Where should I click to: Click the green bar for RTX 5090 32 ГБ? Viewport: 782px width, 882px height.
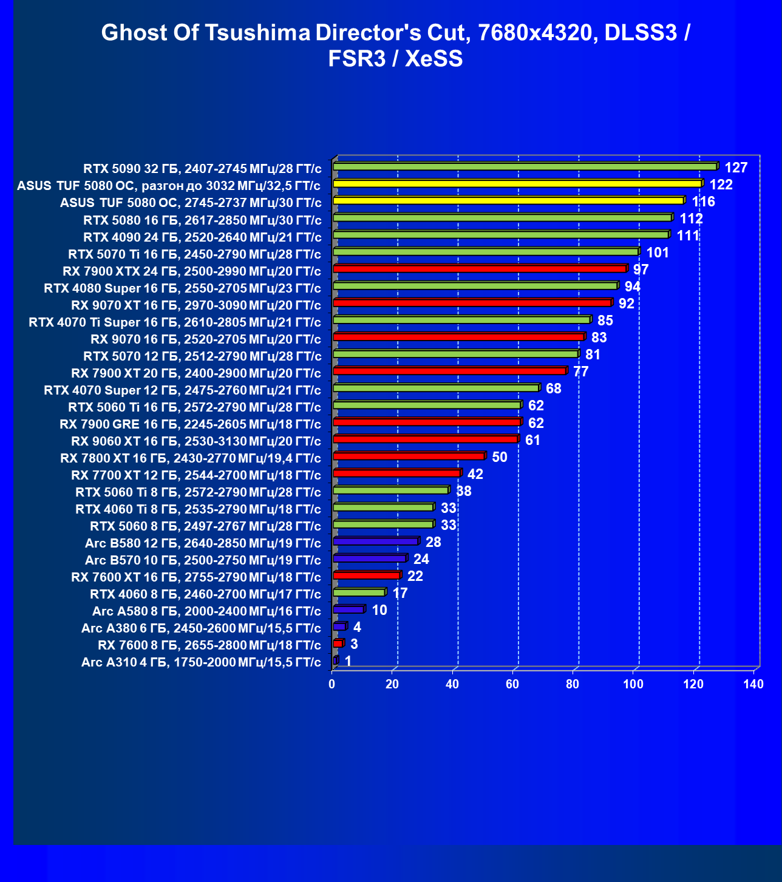525,166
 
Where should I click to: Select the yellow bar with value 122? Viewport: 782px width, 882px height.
517,183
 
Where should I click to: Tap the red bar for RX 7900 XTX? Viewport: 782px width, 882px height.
480,268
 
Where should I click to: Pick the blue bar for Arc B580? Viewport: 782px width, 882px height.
376,541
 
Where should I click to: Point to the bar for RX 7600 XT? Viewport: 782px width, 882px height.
367,575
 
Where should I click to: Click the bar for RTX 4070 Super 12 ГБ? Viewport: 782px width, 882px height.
436,387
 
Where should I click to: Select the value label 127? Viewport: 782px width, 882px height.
736,168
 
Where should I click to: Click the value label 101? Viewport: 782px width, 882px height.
658,253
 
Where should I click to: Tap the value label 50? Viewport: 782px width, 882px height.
499,457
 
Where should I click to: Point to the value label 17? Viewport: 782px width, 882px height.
400,593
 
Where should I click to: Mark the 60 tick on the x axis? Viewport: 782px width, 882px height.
512,685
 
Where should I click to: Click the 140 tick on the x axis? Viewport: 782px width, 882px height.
753,685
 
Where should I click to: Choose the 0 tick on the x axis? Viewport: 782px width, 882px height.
332,685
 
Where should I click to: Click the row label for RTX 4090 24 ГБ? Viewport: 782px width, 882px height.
202,237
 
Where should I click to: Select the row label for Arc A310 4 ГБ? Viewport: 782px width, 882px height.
201,662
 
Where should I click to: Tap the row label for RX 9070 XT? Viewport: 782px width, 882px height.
195,305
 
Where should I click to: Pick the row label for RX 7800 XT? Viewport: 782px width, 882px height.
191,458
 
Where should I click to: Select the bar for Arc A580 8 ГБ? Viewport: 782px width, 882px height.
348,609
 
